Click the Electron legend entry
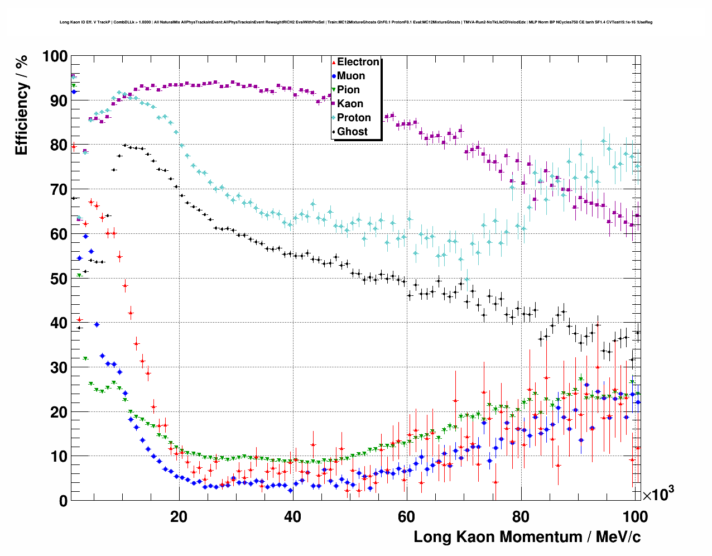[358, 62]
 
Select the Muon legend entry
[351, 76]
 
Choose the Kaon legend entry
[350, 104]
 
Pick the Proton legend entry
[354, 118]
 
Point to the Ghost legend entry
[352, 132]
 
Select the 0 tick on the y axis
[63, 501]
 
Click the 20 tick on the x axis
[179, 516]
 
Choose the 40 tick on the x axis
[292, 516]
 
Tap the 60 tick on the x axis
[406, 516]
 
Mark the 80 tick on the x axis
[521, 516]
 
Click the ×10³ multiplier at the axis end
[658, 494]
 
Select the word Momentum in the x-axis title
[535, 537]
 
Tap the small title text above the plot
[355, 22]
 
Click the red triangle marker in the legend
[334, 62]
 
